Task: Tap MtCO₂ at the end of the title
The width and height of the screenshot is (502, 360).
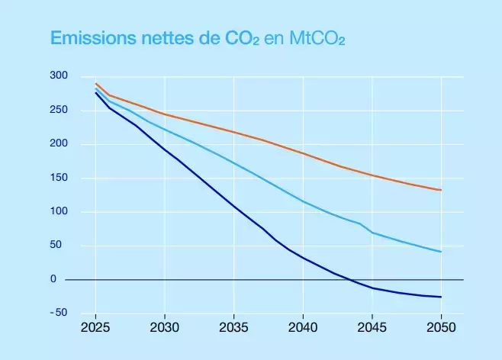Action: tap(315, 39)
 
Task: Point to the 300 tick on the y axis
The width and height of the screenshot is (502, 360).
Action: tap(60, 76)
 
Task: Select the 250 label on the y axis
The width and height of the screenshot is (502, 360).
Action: tap(60, 111)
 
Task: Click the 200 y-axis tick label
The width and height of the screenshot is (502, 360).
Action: tap(60, 144)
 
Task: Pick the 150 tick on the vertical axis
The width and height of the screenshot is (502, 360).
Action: tap(60, 178)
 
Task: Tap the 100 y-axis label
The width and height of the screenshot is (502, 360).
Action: tap(60, 212)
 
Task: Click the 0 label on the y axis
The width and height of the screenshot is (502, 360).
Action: tap(54, 280)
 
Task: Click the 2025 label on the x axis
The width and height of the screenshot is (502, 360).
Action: tap(95, 327)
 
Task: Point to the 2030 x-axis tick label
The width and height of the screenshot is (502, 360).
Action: tap(165, 327)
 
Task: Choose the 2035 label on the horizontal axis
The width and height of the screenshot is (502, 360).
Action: tap(233, 327)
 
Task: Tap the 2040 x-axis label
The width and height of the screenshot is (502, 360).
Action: tap(303, 327)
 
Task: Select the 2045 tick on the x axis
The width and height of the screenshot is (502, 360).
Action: tap(372, 327)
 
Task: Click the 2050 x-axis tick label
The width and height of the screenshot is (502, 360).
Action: tap(441, 327)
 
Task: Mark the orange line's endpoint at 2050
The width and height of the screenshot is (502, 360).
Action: tap(441, 190)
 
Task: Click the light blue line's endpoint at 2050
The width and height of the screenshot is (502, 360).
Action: tap(441, 252)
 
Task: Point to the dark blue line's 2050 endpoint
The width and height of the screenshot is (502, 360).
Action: tap(441, 297)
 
